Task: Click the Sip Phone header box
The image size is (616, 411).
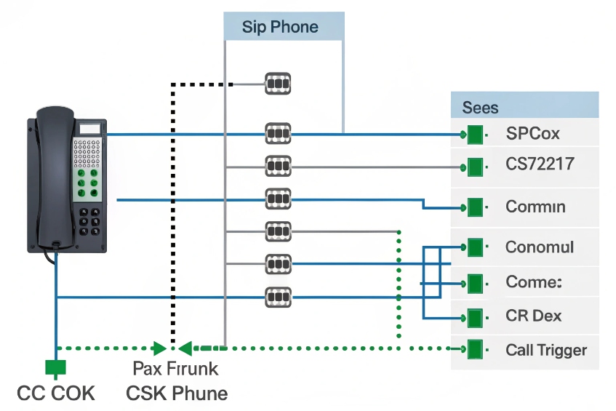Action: point(283,28)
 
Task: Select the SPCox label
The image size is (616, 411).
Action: point(532,134)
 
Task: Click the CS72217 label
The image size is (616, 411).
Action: point(539,164)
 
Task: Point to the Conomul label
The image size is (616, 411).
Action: point(539,247)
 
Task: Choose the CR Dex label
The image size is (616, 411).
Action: point(533,316)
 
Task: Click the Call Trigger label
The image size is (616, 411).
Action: point(545,350)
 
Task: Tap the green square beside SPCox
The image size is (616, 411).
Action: point(475,135)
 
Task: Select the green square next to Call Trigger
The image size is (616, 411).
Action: point(475,349)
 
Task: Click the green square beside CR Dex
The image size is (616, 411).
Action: point(475,317)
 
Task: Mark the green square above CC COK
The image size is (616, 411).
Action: point(55,365)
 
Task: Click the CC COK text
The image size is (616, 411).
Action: point(55,394)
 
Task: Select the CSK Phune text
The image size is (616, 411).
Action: point(177,394)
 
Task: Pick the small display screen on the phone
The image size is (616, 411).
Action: point(89,129)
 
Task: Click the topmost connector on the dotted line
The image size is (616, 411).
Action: point(277,84)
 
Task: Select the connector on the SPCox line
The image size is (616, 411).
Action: point(277,135)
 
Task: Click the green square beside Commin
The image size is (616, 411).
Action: point(475,207)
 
